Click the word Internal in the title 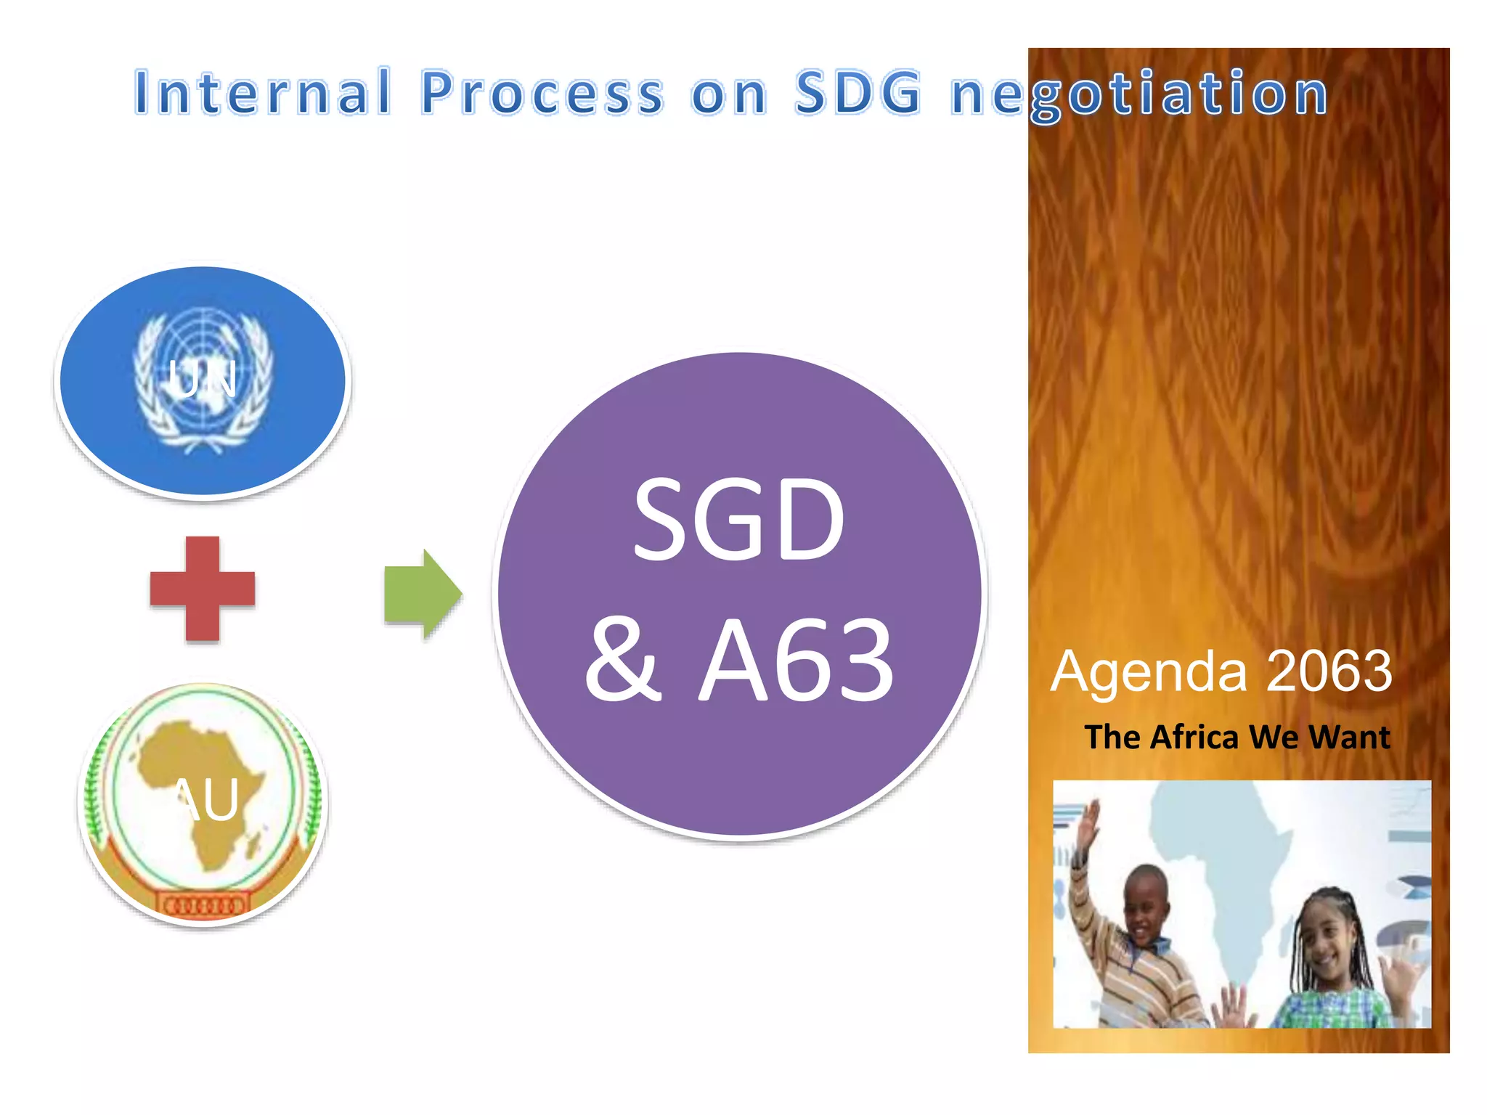263,93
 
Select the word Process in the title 542,93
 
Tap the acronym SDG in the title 858,93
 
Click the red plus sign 203,589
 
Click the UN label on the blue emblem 203,378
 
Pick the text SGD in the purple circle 738,520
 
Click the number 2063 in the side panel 1329,671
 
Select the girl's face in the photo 1326,940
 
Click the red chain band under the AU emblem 204,906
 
